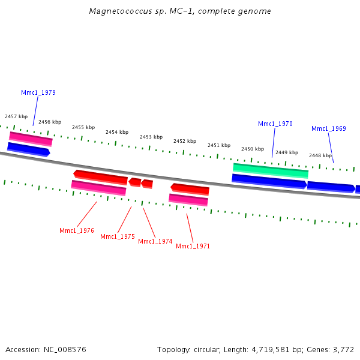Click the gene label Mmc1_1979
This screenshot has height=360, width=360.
38,92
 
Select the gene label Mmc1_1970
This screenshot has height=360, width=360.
275,124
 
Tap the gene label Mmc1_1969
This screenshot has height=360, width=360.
329,128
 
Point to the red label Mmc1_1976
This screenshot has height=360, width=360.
77,230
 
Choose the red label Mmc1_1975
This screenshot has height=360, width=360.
118,236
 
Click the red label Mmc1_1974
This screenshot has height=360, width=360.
155,241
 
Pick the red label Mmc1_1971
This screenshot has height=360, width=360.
193,246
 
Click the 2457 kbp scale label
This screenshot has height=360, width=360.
16,116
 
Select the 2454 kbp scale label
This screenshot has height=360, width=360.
117,132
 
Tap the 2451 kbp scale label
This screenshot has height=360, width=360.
219,145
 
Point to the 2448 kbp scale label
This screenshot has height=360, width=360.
320,155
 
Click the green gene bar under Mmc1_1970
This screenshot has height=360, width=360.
271,170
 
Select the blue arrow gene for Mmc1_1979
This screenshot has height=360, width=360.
28,149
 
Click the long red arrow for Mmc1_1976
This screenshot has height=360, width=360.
100,177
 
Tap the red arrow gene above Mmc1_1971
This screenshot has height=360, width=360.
190,189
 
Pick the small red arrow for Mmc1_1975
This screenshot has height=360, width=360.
135,182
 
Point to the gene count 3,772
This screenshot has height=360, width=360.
344,349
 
